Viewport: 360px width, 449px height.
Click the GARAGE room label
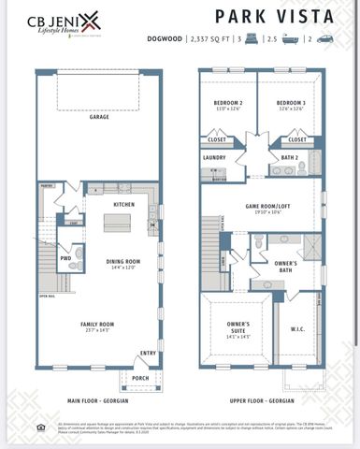(99, 118)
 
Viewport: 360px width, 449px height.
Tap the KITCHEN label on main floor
(123, 203)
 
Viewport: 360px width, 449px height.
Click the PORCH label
(140, 378)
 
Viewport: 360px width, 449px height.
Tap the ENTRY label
(147, 353)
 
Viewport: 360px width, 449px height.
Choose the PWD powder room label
(65, 257)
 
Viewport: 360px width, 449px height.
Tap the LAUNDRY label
(215, 158)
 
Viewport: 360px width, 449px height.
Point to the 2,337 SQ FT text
(214, 39)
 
